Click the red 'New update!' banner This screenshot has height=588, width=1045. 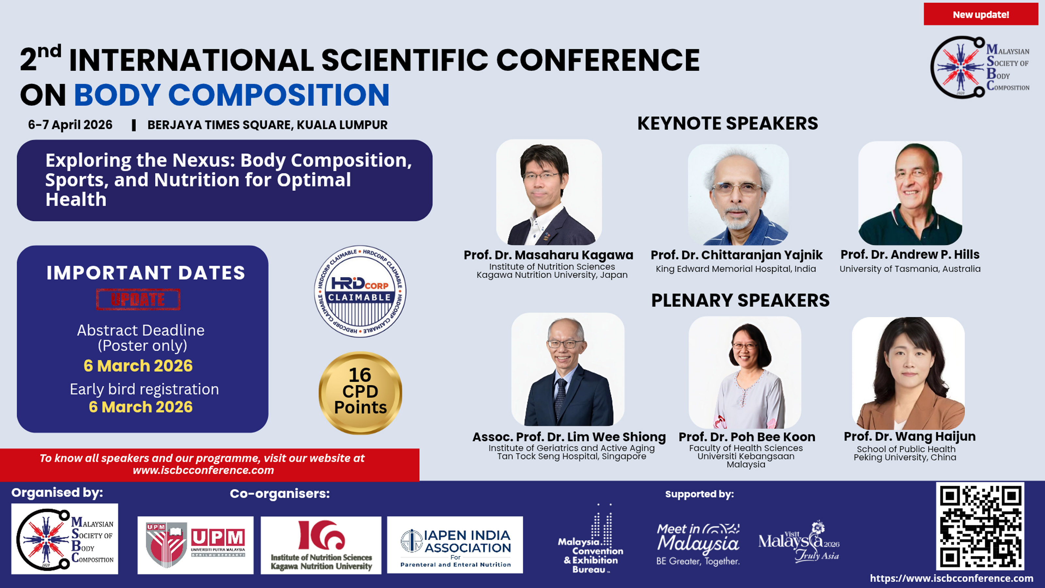(x=980, y=14)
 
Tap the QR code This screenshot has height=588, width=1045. (x=980, y=526)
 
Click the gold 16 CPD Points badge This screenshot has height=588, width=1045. (x=360, y=392)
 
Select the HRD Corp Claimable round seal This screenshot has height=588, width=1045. (x=360, y=291)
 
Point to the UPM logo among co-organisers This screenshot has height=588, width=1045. (x=196, y=545)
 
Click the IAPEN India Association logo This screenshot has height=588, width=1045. (x=455, y=545)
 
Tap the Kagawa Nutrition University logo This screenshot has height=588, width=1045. (x=321, y=545)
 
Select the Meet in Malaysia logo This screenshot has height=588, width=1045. (x=698, y=544)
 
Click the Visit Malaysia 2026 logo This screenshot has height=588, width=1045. (x=799, y=541)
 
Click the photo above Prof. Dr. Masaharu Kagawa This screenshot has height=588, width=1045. (x=549, y=192)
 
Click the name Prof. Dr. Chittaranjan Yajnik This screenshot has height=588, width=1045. (x=736, y=255)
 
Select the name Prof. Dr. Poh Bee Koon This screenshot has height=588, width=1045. (x=747, y=437)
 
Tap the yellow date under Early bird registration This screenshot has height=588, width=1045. (x=141, y=407)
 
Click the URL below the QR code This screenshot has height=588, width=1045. (x=952, y=578)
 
